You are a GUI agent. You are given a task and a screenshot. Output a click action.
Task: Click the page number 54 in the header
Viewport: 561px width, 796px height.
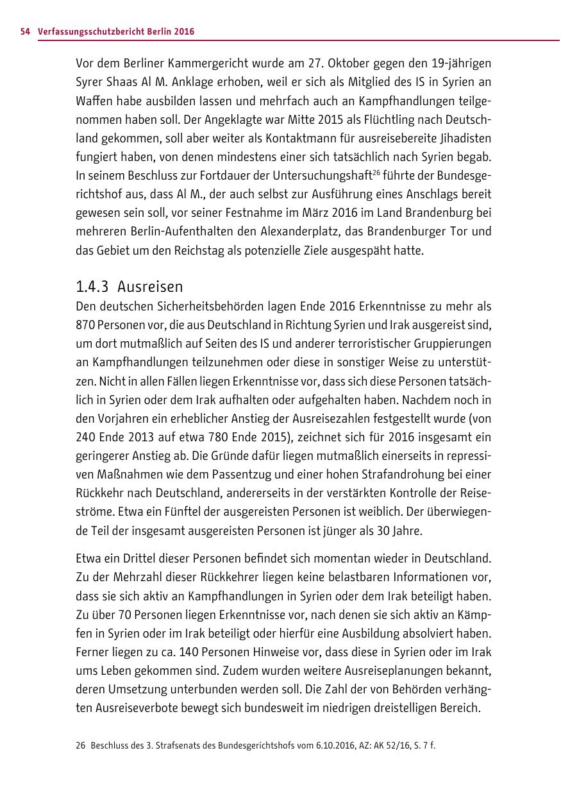[x=26, y=31]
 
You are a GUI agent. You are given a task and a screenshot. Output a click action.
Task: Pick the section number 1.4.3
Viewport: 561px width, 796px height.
[x=93, y=286]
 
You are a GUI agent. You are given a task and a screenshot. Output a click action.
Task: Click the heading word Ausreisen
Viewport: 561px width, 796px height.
[x=150, y=286]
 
